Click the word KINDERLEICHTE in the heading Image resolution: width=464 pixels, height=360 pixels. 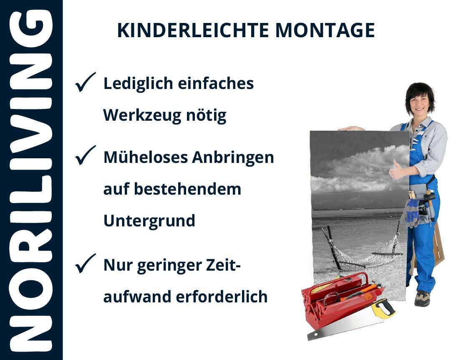coord(193,30)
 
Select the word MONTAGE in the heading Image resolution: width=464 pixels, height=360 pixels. coord(325,30)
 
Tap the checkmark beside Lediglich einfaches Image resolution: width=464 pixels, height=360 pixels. coord(85,82)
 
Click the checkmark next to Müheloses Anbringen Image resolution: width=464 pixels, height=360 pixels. coord(85,155)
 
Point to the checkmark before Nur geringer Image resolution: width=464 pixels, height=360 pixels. coord(85,264)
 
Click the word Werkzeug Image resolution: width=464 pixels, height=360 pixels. coord(142,116)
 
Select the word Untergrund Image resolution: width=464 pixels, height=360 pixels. coord(149,221)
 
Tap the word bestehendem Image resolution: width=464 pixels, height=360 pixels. coord(188,189)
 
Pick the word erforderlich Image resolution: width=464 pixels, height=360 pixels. coord(222,297)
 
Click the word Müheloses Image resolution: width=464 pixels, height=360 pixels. coord(146,157)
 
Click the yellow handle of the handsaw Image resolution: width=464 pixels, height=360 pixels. coord(383,308)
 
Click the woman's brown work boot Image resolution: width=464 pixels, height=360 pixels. coord(422,298)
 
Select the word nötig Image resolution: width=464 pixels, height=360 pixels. coord(206,116)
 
